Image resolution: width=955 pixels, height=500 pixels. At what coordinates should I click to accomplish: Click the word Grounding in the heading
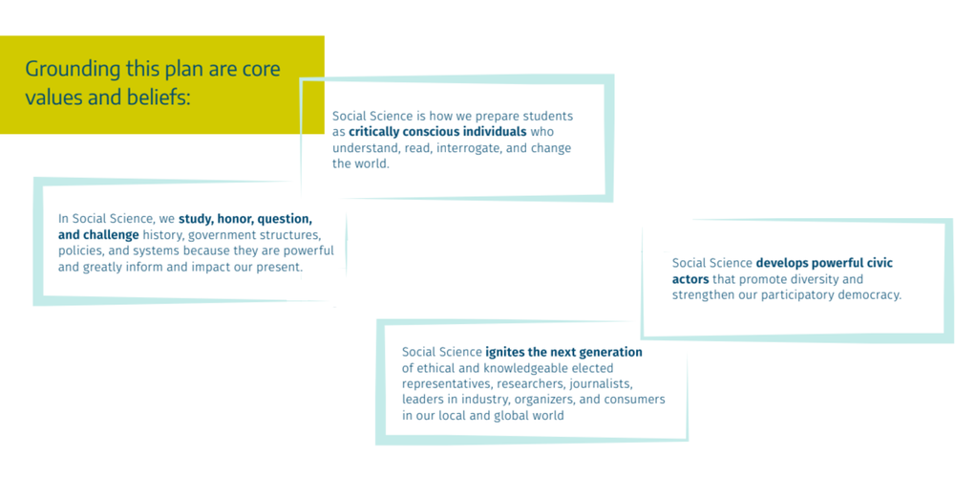pos(74,70)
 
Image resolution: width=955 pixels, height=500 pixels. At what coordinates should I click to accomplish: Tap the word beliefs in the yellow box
pos(159,97)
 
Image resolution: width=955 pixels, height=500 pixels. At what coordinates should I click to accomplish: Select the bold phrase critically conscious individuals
pos(437,132)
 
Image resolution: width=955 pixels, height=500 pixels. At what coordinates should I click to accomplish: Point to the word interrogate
pos(468,148)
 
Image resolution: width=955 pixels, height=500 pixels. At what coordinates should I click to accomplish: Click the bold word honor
pos(235,219)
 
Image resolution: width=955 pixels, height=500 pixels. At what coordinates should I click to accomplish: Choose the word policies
pos(80,251)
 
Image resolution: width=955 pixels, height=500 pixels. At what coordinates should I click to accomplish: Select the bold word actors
pos(690,279)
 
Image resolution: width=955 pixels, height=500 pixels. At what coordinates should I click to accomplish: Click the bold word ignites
pos(506,353)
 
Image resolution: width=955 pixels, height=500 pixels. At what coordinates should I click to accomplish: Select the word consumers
pos(635,400)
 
